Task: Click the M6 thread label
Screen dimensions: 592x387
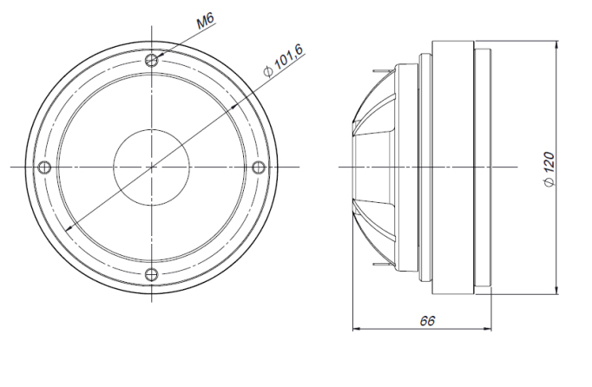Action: coord(206,21)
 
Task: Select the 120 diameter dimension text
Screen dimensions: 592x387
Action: coord(549,164)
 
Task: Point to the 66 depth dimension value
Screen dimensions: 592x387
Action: coord(427,320)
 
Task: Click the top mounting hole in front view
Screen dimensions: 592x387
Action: coord(152,60)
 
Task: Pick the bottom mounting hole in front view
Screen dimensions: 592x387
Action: coord(152,273)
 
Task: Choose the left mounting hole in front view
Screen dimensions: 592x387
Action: coord(45,167)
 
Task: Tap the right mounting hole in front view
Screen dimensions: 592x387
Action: coord(259,167)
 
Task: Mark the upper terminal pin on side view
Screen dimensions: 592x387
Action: coord(384,70)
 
